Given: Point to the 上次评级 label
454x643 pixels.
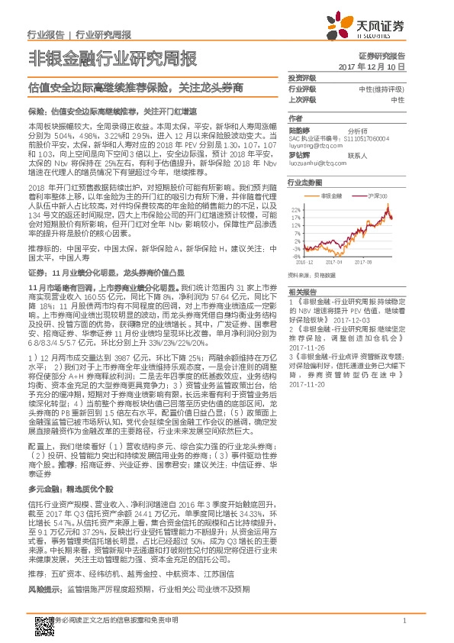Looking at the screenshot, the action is pos(302,100).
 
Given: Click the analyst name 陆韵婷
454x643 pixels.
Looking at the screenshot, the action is pos(298,129).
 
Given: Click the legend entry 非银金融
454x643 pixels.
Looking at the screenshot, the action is pos(330,196).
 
